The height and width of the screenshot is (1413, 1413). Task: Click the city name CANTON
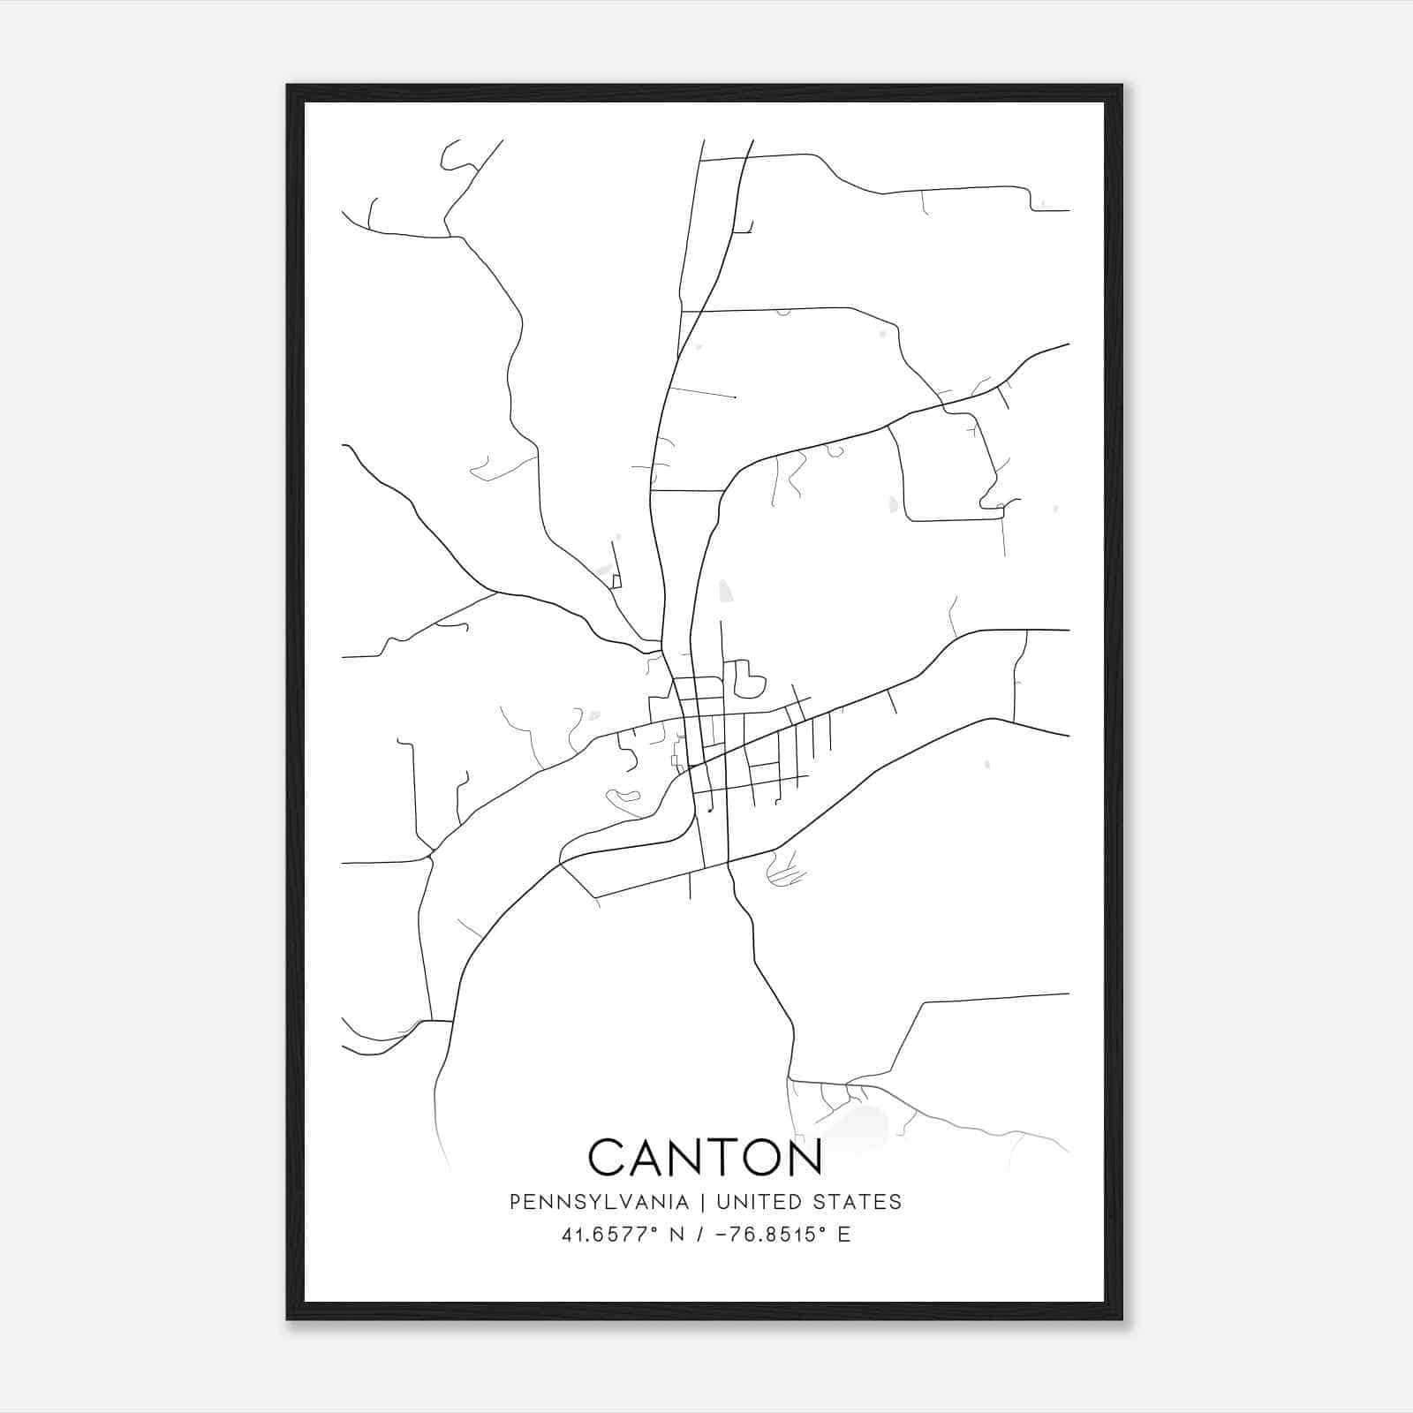point(705,1158)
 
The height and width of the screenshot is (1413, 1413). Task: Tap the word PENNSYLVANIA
point(599,1202)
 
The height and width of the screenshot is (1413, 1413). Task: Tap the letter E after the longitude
point(844,1235)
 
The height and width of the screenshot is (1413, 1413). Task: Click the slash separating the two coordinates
point(699,1235)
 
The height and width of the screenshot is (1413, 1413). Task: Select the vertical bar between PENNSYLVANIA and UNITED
point(703,1202)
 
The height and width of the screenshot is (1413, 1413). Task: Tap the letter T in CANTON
point(716,1158)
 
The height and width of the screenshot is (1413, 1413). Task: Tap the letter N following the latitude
point(677,1235)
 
